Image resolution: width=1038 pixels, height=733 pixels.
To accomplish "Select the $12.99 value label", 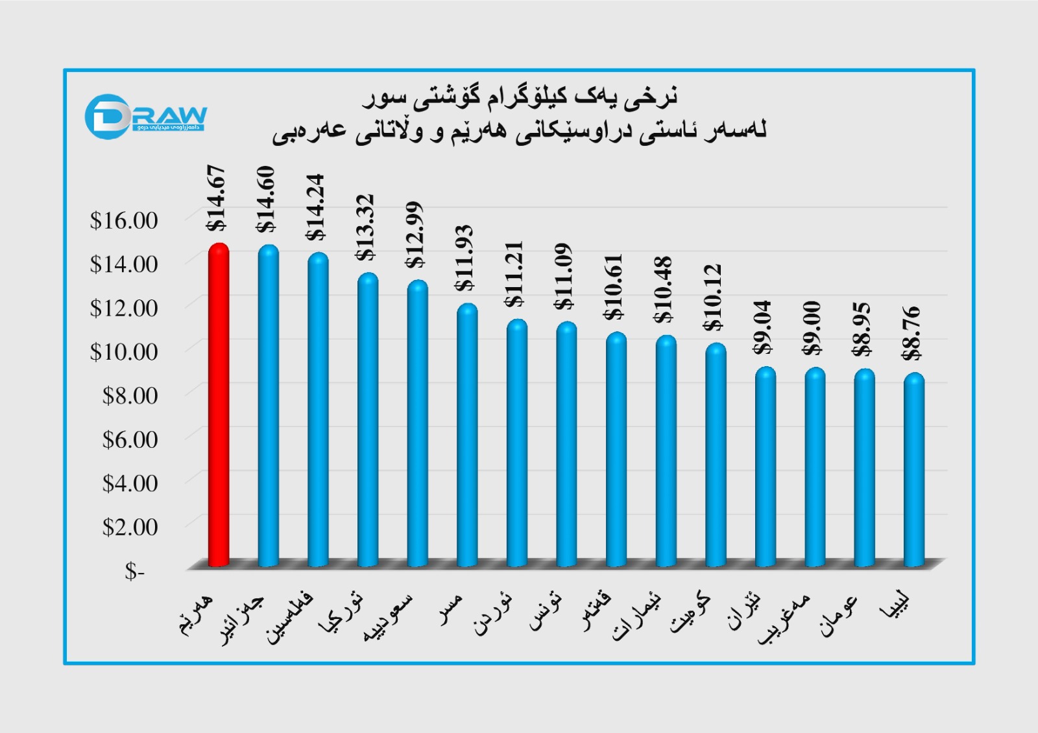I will pos(416,235).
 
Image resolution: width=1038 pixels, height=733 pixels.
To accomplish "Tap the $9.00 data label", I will pos(812,328).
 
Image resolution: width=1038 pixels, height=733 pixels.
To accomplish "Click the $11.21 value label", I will pos(515,274).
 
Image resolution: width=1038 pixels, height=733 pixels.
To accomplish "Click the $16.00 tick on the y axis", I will pos(124,220).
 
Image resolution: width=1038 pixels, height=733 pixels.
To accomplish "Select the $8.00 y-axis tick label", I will pos(130,395).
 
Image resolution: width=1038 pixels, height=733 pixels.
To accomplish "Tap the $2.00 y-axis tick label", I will pos(130,527).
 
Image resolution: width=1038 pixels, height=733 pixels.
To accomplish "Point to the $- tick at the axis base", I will pos(135,571).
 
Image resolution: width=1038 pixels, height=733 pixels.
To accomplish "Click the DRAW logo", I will pos(145,117).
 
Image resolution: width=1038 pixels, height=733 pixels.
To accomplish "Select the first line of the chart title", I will pos(520,97).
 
